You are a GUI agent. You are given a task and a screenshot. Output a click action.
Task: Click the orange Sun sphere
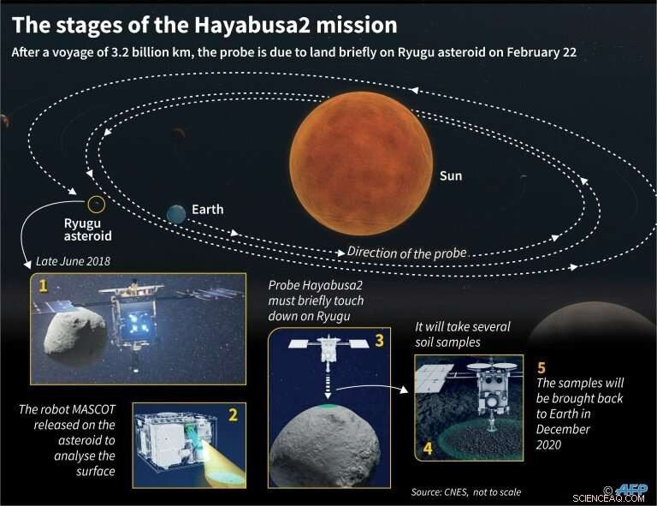coord(360,163)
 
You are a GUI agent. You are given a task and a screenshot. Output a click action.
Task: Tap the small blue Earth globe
coord(176,214)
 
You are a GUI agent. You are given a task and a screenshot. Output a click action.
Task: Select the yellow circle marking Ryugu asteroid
coord(97,204)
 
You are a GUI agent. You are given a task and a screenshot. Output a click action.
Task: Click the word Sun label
coord(451,176)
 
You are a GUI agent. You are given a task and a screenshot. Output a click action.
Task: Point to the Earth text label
coord(207,210)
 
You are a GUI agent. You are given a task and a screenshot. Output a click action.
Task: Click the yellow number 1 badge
coord(39,284)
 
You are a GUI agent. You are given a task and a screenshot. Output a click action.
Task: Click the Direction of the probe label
coord(407,252)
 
